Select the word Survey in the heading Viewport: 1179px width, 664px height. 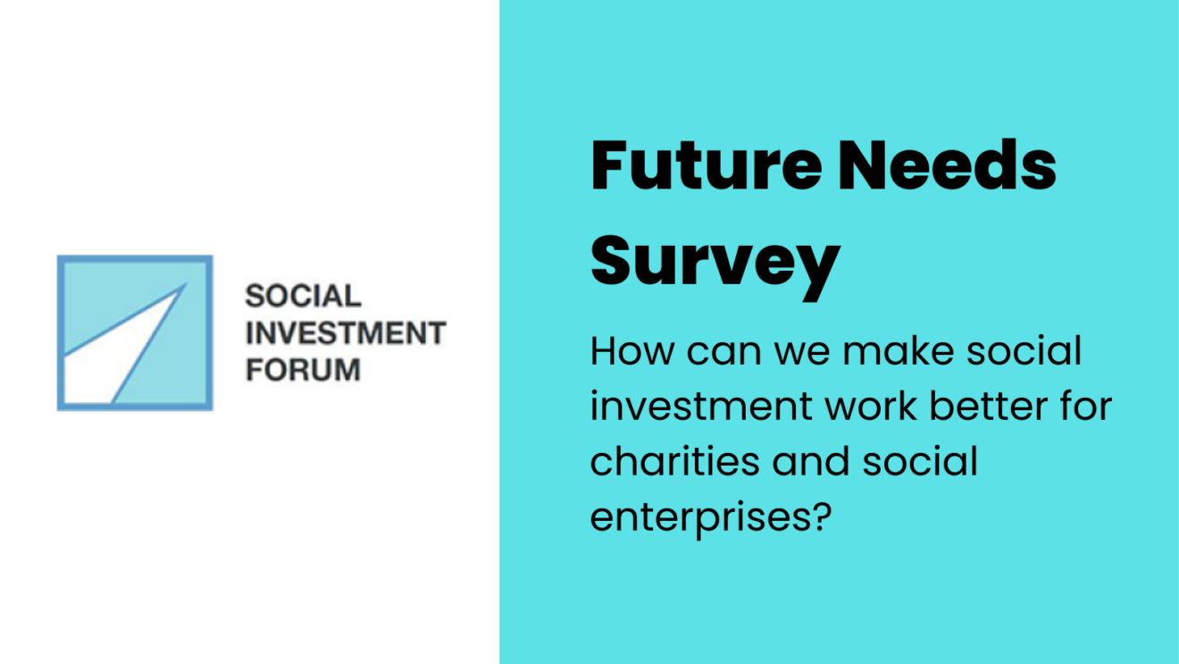pos(715,266)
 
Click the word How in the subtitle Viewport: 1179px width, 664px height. pos(632,350)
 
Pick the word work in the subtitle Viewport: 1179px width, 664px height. pos(871,406)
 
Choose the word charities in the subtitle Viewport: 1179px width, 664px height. pos(674,461)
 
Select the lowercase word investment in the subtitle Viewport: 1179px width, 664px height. pos(702,406)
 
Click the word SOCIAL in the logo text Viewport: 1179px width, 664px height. pos(303,296)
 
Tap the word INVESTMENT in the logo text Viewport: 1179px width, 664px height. pos(346,332)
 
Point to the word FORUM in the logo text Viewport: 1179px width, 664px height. pos(303,369)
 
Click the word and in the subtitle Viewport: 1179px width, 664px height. pos(811,461)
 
